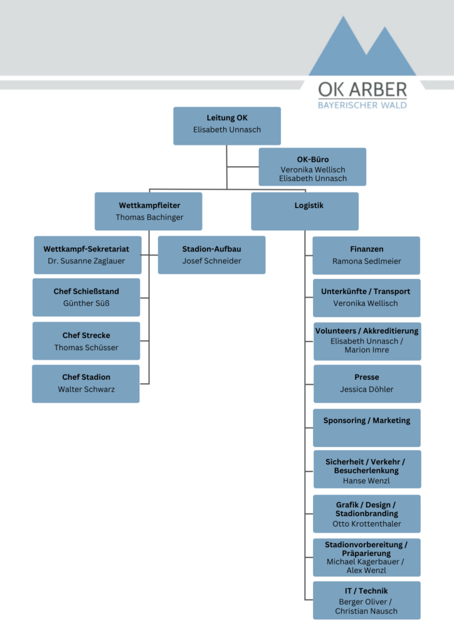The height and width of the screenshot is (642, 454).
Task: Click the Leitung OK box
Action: point(227,126)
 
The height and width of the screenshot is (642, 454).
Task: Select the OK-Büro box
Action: point(312,167)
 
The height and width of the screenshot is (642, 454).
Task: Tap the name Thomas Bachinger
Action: point(149,218)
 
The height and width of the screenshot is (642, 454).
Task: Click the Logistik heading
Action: point(309,206)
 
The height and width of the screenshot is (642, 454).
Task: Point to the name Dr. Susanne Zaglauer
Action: point(87,261)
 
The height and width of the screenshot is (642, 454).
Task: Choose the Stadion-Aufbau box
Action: point(212,255)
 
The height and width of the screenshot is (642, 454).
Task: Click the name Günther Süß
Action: point(87,303)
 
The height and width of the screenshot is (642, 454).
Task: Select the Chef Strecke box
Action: point(87,341)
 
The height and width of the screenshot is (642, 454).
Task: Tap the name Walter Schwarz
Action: point(87,389)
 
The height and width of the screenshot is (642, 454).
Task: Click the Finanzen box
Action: point(366,256)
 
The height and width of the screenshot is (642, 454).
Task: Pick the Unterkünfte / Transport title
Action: point(366,292)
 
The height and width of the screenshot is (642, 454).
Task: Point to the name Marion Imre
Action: point(367,350)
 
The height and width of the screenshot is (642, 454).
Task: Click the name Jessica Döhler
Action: point(367,389)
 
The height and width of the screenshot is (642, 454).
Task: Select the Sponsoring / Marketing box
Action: point(367,428)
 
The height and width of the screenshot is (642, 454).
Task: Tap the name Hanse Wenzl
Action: point(366,481)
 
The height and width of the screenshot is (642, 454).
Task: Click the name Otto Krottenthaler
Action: point(367,524)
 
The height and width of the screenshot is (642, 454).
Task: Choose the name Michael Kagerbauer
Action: point(362,562)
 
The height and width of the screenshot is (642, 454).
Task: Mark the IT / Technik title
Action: point(366,591)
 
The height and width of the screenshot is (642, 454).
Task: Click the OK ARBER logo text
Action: point(362,90)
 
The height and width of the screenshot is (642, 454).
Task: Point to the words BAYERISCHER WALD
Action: point(362,105)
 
